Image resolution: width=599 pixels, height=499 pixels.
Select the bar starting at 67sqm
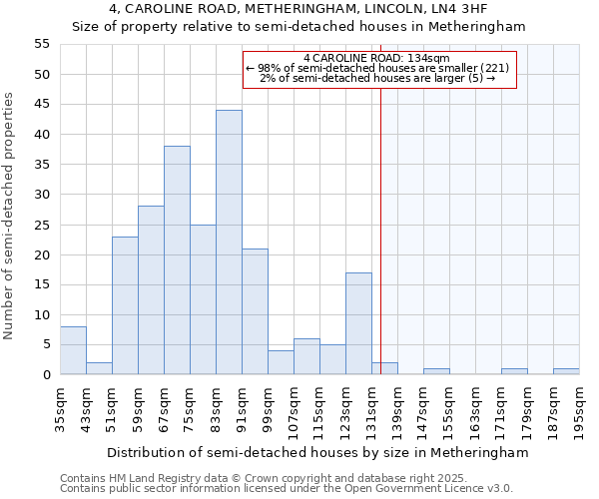pos(177,260)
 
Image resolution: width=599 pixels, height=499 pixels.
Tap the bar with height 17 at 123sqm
pos(358,323)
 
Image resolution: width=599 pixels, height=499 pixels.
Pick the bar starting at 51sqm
pos(125,305)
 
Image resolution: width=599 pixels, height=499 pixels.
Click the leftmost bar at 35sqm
pos(73,350)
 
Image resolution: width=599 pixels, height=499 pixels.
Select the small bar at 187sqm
pos(566,371)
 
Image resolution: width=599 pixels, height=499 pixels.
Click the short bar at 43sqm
pos(99,368)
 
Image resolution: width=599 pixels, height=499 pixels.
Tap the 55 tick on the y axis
pos(41,44)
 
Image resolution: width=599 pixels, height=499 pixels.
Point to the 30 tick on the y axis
pos(41,195)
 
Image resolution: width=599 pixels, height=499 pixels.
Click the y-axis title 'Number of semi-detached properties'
pos(10,216)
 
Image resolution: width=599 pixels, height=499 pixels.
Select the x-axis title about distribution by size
pos(316,452)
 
